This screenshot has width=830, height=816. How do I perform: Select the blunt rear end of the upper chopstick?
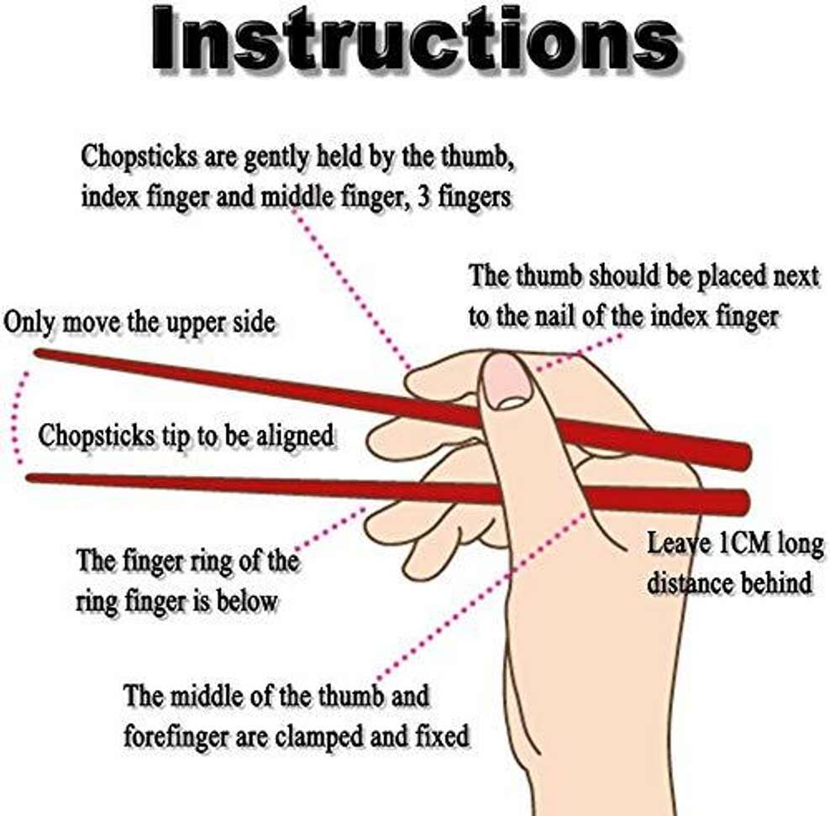coord(746,457)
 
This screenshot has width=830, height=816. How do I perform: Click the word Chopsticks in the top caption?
coord(139,158)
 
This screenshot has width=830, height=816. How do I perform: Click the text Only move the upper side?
coord(139,322)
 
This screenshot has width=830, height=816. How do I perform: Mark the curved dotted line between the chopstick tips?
coord(14,418)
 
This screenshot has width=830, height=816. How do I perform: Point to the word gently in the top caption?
coord(276,158)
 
